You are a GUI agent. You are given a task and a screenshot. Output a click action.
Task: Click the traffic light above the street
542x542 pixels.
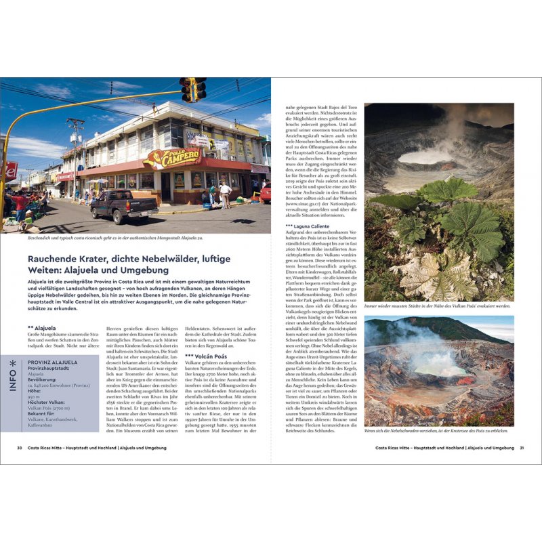(x=192, y=88)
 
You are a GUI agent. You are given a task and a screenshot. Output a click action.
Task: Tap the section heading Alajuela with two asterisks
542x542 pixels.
(x=41, y=327)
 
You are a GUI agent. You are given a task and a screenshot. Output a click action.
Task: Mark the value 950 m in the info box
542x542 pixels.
(x=35, y=396)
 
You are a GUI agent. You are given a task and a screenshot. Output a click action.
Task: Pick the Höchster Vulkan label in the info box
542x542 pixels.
(x=48, y=402)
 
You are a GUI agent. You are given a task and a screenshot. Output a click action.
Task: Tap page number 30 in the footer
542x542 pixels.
(x=20, y=448)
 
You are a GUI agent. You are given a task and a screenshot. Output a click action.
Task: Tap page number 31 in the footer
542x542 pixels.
(x=521, y=448)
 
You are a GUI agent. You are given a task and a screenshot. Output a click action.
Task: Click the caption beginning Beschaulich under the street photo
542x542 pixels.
(x=112, y=238)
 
